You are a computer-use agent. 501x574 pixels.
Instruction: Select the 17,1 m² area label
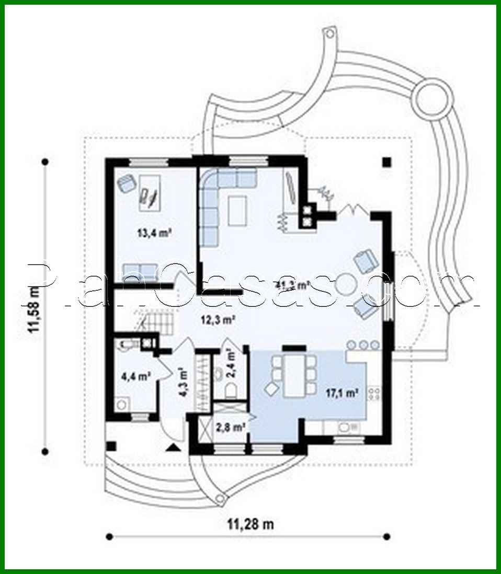coord(342,393)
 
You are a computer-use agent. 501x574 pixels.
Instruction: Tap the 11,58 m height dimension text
coord(34,309)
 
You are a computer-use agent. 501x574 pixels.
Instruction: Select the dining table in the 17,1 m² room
coord(292,375)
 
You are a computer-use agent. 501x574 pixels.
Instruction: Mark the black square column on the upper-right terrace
coord(386,162)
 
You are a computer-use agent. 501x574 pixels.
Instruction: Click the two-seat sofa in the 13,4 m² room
coord(139,271)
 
